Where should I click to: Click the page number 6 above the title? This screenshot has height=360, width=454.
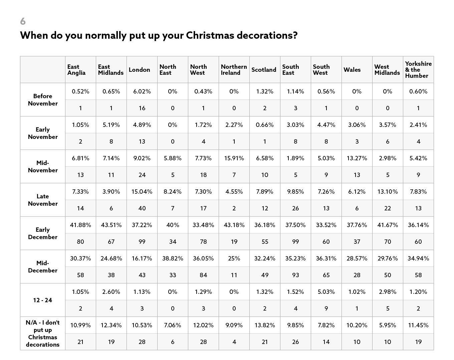point(23,21)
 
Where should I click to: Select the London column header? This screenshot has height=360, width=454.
point(139,70)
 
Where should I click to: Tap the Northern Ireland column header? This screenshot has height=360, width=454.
point(234,70)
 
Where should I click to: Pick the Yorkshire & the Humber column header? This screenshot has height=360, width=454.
point(418,70)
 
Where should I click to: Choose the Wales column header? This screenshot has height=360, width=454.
point(352,70)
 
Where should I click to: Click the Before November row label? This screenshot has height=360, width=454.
point(43,100)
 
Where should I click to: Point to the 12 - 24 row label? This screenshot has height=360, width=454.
point(43,300)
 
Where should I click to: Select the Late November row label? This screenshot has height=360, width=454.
point(43,200)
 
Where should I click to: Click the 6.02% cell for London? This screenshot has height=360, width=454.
point(142,92)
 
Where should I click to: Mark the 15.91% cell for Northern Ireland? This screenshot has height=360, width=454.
point(234,158)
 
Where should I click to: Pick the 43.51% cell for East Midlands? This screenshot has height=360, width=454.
point(111,225)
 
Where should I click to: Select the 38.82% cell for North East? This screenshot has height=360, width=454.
point(173,258)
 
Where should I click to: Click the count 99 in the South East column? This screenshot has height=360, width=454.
point(295,241)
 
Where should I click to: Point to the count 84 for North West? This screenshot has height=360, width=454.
point(203,275)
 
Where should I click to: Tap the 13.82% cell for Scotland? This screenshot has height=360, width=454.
point(265,325)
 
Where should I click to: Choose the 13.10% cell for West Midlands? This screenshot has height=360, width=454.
point(388,192)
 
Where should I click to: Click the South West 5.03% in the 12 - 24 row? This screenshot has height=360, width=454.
point(326,292)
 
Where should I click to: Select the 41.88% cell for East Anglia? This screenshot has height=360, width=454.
point(80,225)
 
